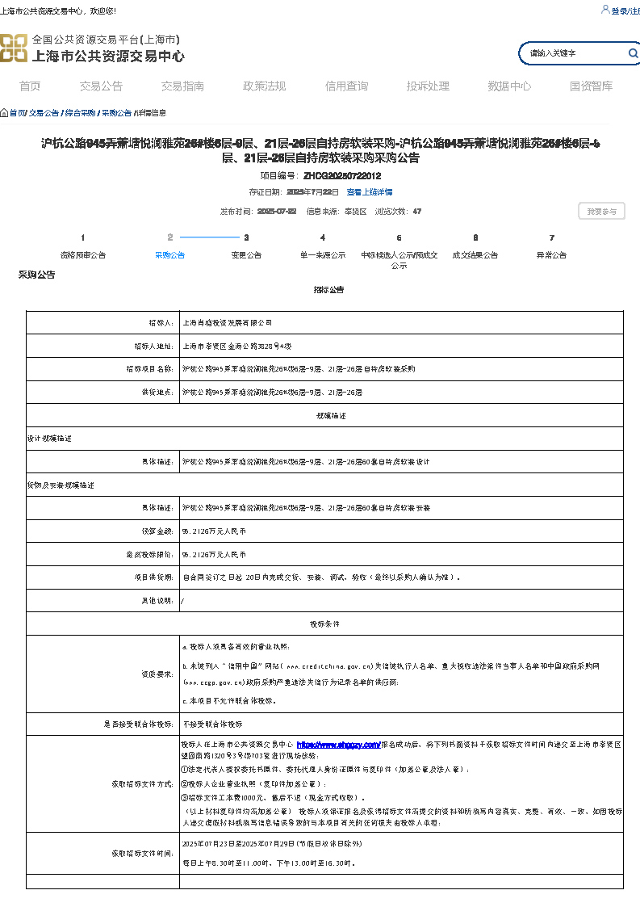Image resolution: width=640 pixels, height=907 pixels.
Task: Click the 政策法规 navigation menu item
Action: (264, 86)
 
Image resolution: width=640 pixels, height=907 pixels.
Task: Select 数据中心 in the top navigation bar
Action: (509, 86)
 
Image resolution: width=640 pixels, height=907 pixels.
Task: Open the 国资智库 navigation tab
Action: (591, 86)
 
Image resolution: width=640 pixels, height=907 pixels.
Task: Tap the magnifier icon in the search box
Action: (633, 53)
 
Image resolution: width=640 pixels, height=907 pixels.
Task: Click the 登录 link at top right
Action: (619, 11)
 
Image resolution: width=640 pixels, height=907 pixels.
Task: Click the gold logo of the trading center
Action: (13, 48)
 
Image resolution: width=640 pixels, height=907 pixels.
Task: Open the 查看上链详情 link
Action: (370, 192)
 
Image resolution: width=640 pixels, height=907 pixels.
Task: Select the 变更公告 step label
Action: (246, 255)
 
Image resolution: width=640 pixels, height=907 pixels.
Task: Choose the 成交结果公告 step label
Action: (475, 255)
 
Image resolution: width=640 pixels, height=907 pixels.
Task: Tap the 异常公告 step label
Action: (551, 255)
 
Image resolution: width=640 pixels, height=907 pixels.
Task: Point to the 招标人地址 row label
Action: (153, 346)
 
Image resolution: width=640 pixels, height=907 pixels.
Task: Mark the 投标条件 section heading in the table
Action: (324, 624)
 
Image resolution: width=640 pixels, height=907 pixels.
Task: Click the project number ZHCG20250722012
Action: (342, 175)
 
